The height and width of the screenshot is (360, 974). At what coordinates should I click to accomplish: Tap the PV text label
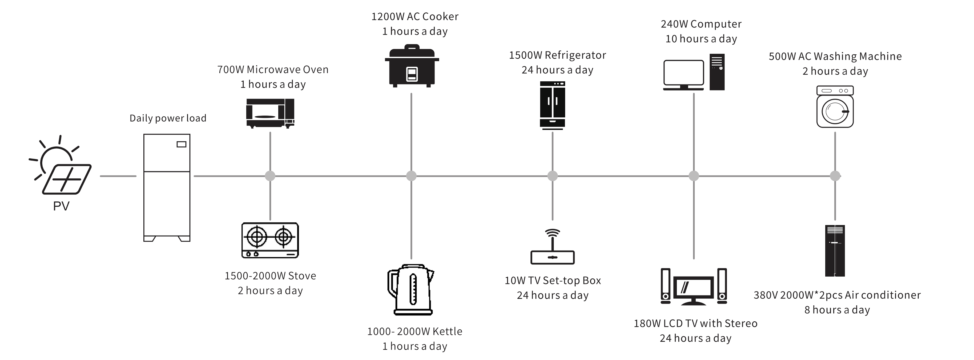click(61, 206)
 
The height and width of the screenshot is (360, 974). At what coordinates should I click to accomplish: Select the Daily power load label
click(168, 118)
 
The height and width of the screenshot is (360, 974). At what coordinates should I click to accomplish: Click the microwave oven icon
click(270, 113)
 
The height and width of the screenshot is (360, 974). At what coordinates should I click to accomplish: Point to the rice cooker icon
click(412, 67)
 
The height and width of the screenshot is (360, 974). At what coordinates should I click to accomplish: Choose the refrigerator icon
click(552, 105)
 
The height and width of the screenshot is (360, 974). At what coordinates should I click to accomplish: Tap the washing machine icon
click(835, 107)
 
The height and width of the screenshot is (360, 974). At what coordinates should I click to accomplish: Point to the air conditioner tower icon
click(835, 251)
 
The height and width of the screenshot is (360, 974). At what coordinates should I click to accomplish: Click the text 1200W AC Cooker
click(415, 17)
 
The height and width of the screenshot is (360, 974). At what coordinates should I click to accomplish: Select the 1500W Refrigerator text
click(557, 55)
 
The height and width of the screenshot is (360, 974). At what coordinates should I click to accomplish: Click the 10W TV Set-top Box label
click(552, 281)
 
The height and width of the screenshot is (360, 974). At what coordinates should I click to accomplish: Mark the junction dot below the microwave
click(270, 176)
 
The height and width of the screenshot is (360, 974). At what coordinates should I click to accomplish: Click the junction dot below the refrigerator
click(552, 176)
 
